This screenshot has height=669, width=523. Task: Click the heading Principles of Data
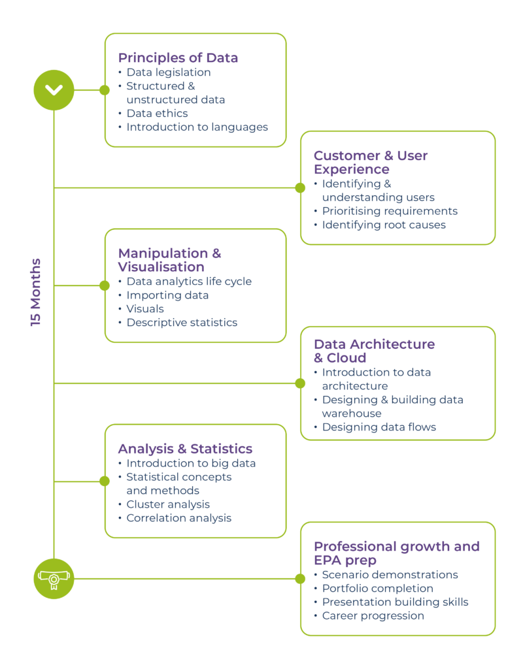pyautogui.click(x=178, y=57)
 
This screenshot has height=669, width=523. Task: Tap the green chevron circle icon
pyautogui.click(x=54, y=90)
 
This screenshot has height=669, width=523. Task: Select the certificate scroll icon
pyautogui.click(x=54, y=579)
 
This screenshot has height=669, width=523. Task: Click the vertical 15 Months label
pyautogui.click(x=36, y=292)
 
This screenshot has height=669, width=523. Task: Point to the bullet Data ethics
pyautogui.click(x=157, y=113)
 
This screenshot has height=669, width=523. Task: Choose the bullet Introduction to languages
pyautogui.click(x=197, y=127)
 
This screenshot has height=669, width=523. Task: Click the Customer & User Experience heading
pyautogui.click(x=371, y=162)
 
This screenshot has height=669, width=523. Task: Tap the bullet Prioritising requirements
pyautogui.click(x=390, y=211)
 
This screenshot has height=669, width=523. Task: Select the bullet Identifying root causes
pyautogui.click(x=384, y=225)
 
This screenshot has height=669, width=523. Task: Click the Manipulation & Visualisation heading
pyautogui.click(x=169, y=260)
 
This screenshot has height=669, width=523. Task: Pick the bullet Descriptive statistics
pyautogui.click(x=182, y=322)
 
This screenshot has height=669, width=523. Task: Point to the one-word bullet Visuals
pyautogui.click(x=145, y=308)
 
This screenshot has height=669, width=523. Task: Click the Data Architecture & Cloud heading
pyautogui.click(x=375, y=351)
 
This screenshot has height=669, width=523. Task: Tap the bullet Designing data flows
pyautogui.click(x=379, y=427)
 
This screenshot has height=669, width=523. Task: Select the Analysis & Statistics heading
pyautogui.click(x=185, y=448)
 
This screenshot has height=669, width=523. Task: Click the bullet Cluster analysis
pyautogui.click(x=168, y=504)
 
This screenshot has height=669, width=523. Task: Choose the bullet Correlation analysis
pyautogui.click(x=179, y=517)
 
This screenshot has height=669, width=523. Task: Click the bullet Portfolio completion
pyautogui.click(x=378, y=588)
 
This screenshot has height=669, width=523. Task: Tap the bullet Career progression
pyautogui.click(x=373, y=615)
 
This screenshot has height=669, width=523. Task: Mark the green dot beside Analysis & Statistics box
pyautogui.click(x=105, y=481)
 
